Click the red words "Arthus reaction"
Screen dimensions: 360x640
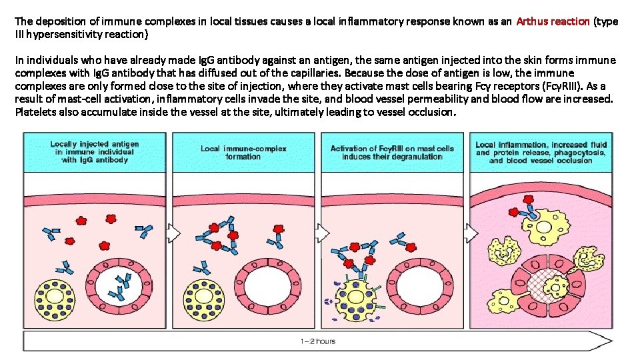coord(553,21)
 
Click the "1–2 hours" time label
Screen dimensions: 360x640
coord(317,341)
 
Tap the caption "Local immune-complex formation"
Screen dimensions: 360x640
coord(243,152)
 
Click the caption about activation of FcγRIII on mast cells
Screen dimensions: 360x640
coord(393,152)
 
